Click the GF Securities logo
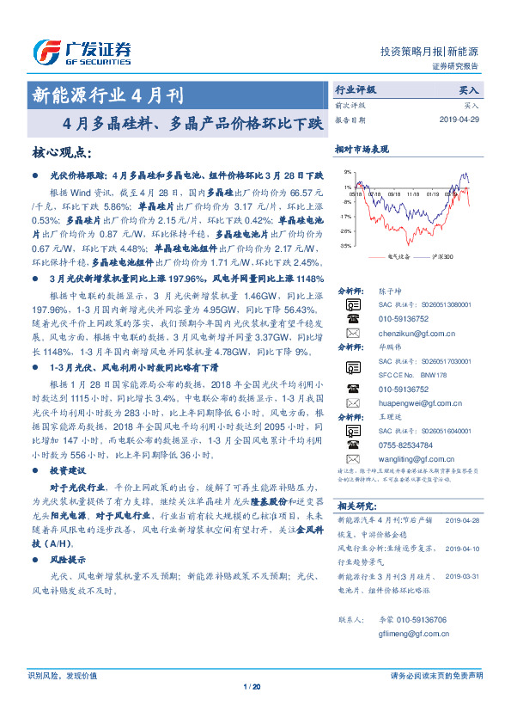coord(82,52)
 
